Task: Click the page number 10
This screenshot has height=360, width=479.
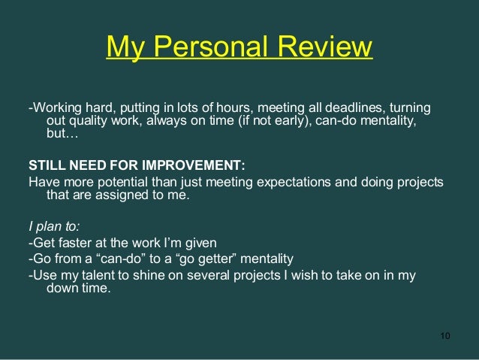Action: pyautogui.click(x=445, y=334)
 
